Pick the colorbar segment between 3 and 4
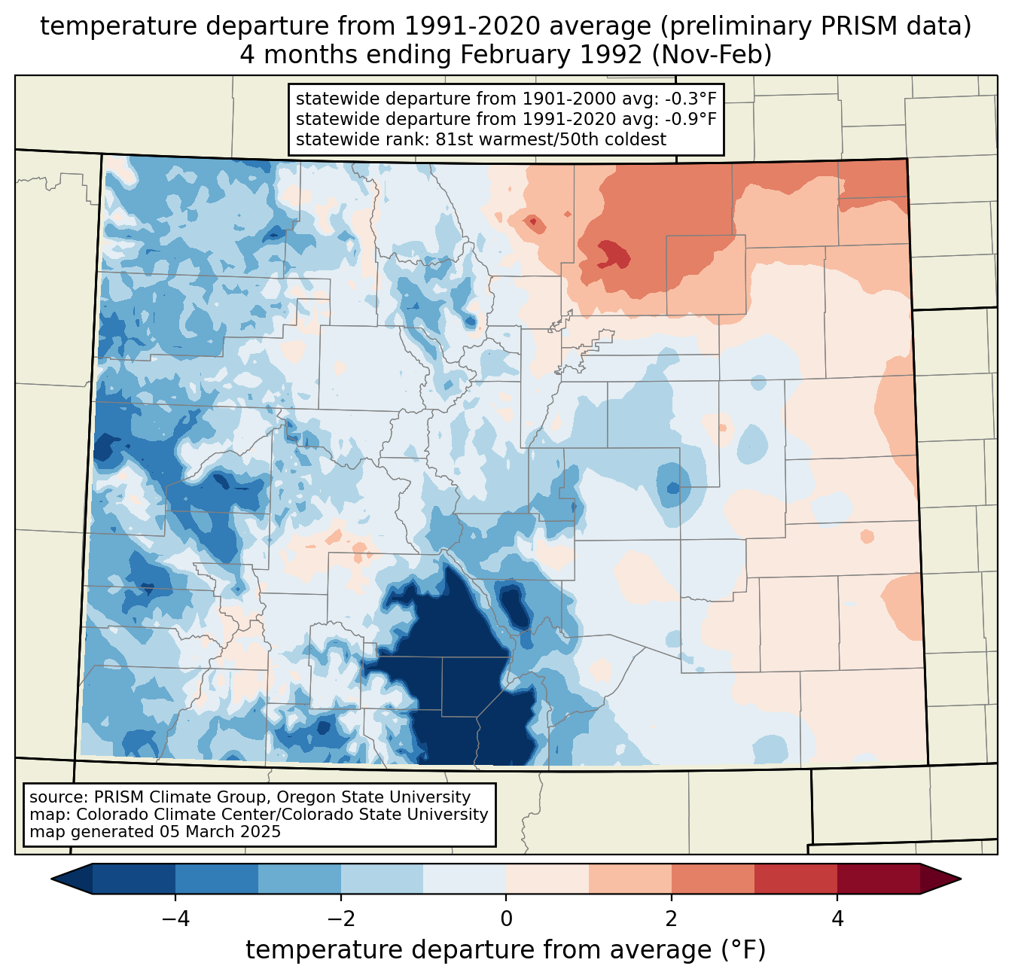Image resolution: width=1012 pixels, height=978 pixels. pos(796,879)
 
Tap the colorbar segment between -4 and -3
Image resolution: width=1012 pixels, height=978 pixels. pos(217,879)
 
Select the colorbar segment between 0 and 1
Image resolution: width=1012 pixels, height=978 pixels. pos(547,879)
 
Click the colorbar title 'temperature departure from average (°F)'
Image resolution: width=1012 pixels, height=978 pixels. pos(506,950)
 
